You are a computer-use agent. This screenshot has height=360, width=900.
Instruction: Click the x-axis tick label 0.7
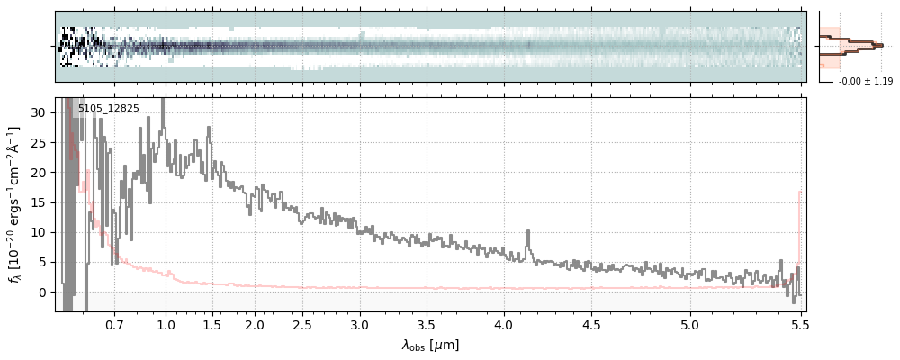coord(114,324)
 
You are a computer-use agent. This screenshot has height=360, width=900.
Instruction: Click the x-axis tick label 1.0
coord(166,324)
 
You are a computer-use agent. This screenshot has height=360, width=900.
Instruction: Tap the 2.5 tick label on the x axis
coord(303,324)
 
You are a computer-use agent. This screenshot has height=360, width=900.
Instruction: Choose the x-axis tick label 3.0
coord(360,324)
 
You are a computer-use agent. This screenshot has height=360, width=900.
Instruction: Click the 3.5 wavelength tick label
coord(426,324)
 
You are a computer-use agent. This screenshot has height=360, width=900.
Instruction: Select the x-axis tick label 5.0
coord(690,324)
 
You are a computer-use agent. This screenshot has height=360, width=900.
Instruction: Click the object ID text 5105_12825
coord(108,108)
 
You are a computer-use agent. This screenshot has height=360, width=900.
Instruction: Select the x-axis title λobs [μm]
coord(430,345)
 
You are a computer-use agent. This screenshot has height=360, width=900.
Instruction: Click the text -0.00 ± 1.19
coord(865,82)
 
